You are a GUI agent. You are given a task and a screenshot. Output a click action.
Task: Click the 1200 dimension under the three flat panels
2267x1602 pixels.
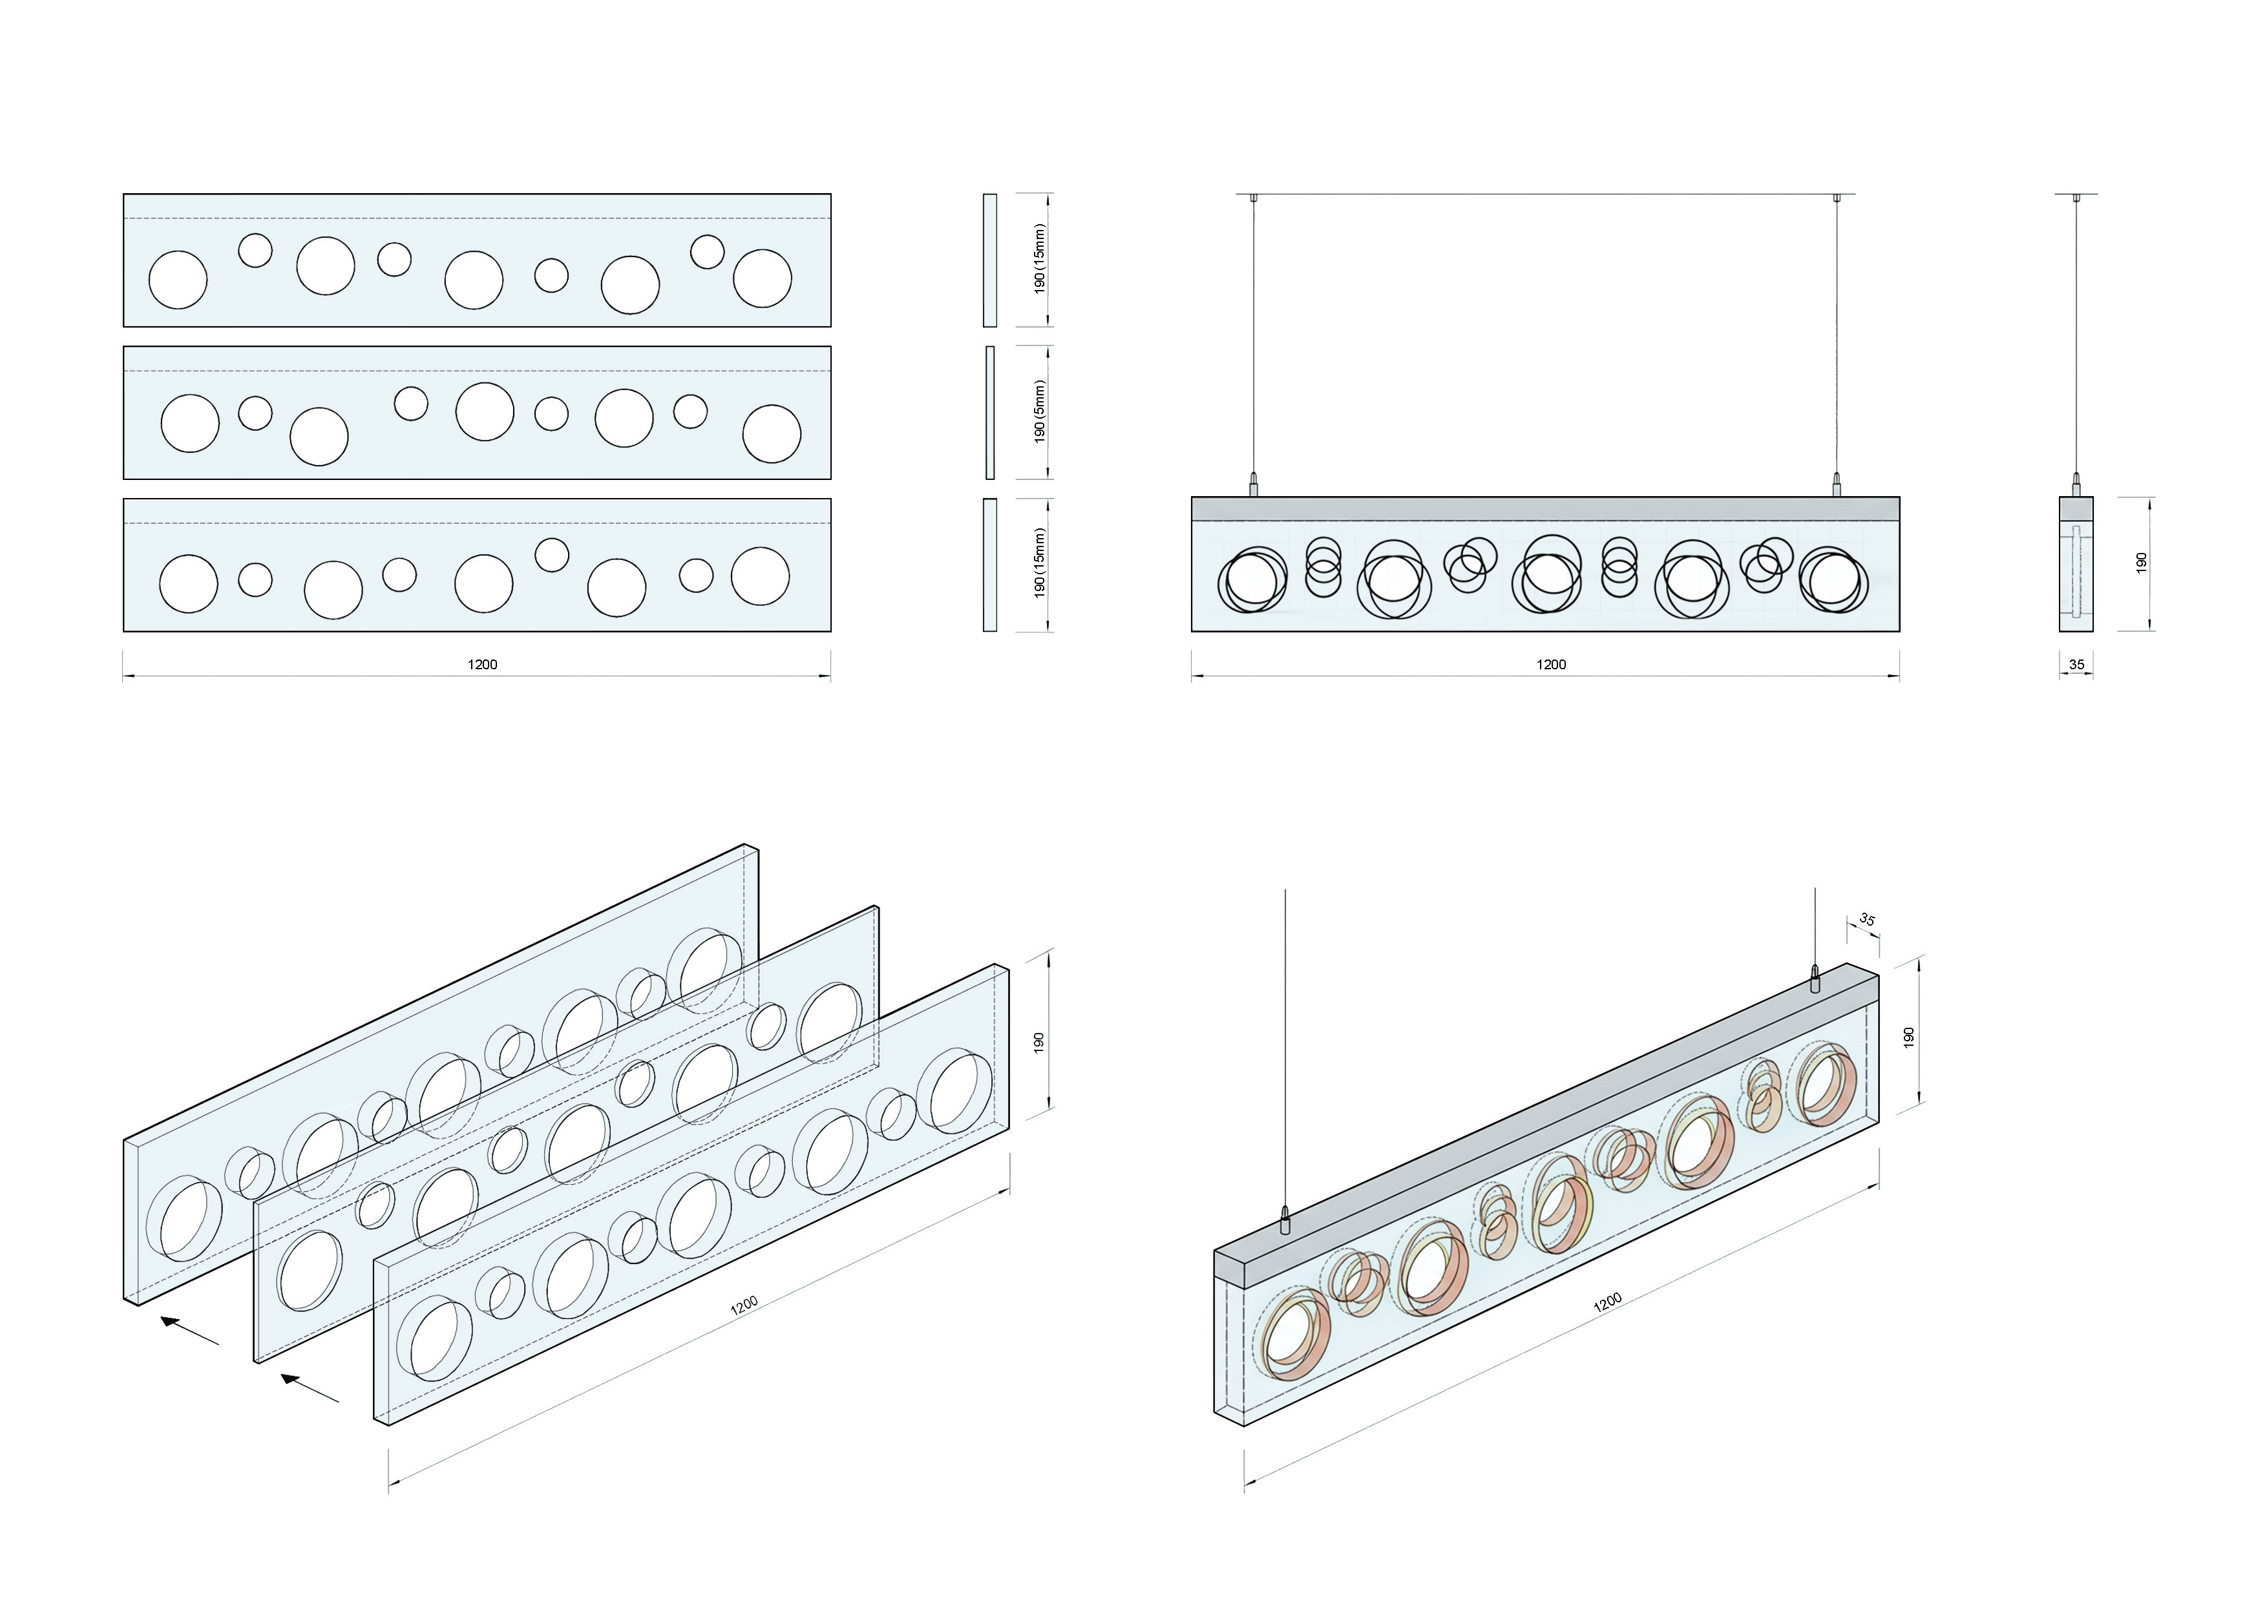(482, 664)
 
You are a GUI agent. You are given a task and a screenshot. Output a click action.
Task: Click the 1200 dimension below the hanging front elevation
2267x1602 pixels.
(1550, 664)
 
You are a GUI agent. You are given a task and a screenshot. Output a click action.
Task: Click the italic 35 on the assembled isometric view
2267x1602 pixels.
(1866, 920)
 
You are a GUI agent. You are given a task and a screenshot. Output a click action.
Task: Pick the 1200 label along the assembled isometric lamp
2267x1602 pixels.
(1607, 1303)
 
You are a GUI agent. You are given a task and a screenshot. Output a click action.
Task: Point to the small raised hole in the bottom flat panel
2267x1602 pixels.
(551, 555)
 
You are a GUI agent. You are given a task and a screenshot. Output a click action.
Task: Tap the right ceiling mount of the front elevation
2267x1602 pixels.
(1837, 198)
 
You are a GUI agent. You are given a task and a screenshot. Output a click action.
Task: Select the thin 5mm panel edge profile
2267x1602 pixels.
(989, 413)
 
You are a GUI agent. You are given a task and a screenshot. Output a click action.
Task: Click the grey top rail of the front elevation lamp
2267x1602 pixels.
(1545, 508)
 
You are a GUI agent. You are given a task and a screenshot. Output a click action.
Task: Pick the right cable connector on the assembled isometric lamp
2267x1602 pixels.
(1815, 979)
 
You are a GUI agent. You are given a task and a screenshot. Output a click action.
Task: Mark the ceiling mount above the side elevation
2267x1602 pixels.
(2076, 198)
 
